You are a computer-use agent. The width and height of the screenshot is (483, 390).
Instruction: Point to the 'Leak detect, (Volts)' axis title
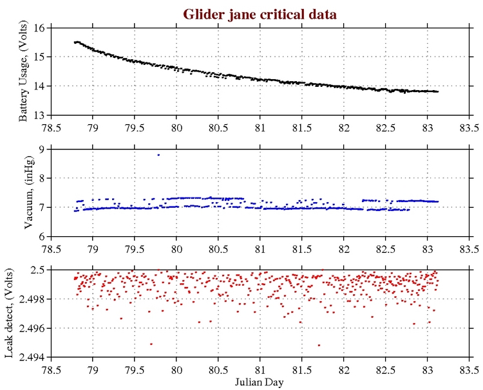[x=10, y=314]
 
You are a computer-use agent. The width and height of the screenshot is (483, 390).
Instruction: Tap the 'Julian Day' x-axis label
[x=260, y=382]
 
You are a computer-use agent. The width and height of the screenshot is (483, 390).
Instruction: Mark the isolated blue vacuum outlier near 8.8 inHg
[x=158, y=154]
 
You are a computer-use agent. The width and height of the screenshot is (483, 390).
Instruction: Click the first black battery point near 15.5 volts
[x=75, y=42]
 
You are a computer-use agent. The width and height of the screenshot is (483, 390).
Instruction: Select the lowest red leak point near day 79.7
[x=151, y=344]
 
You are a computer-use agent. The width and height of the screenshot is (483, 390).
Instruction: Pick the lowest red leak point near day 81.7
[x=319, y=346]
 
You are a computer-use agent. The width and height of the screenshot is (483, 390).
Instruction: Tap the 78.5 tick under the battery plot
[x=51, y=126]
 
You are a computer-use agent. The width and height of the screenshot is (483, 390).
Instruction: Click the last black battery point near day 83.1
[x=437, y=91]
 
